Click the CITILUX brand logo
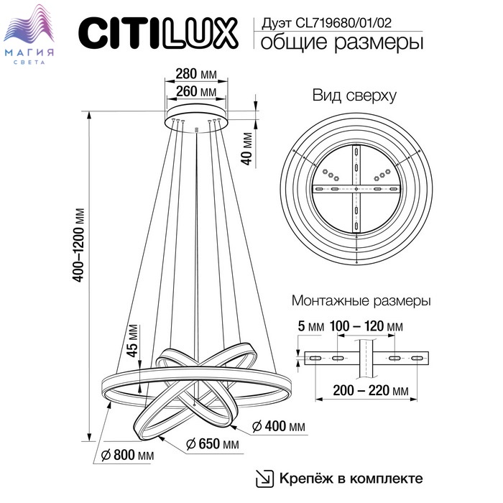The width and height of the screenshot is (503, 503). tap(158, 33)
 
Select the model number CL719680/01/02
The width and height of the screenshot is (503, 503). tap(343, 23)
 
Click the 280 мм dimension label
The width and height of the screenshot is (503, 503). tap(196, 74)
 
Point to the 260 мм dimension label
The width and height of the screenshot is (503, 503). tap(196, 91)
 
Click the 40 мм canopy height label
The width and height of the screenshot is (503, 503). tap(246, 149)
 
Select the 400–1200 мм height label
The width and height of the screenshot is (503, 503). tap(79, 245)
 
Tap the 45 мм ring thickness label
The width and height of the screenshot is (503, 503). tap(131, 341)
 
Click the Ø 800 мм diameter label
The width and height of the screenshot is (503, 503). tap(127, 455)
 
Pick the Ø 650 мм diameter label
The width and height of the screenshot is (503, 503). tap(213, 444)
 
